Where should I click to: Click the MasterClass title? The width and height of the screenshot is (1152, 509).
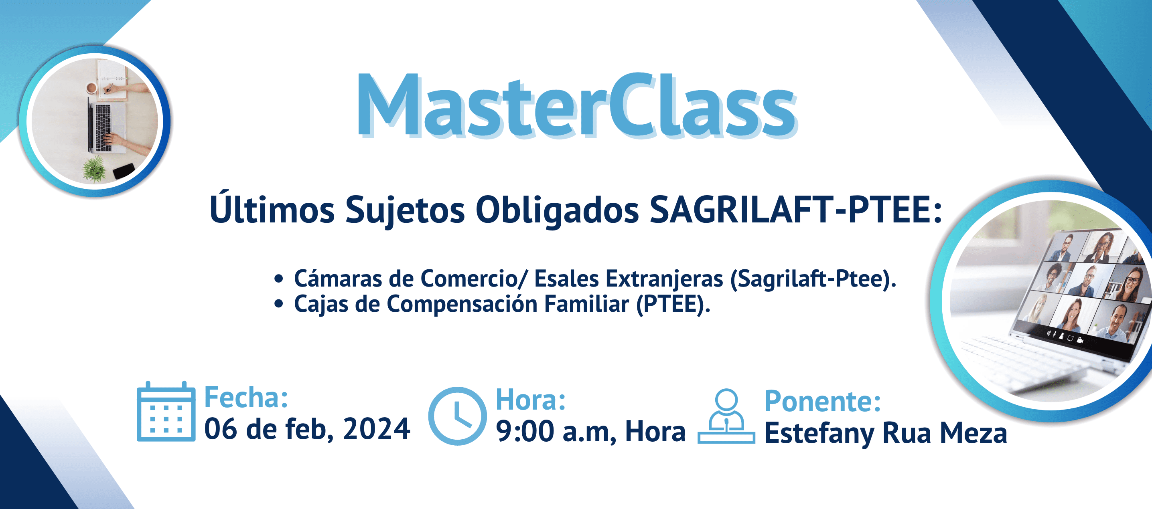tap(577, 106)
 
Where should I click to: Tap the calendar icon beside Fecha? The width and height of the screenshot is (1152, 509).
tap(166, 412)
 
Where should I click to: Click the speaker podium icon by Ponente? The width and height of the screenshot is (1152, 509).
tap(726, 416)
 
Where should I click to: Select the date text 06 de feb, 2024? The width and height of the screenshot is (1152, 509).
tap(307, 429)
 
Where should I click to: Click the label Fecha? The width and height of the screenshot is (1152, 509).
tap(246, 397)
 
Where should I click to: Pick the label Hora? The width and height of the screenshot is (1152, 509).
tap(531, 399)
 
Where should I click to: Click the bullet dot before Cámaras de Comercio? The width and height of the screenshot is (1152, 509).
tap(279, 279)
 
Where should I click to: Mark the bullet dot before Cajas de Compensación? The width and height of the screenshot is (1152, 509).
tap(279, 304)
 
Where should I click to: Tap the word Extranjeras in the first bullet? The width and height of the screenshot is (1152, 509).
tap(664, 279)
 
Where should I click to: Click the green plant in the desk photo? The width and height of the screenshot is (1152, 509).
tap(94, 168)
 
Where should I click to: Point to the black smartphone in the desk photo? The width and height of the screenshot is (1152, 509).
tap(124, 171)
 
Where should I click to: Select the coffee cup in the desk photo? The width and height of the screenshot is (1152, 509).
tap(92, 88)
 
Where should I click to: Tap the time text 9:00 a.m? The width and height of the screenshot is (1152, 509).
tap(556, 432)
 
